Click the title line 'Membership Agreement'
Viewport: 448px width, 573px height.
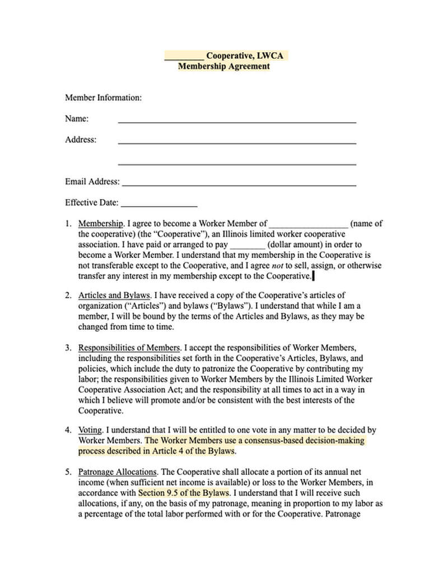coord(223,66)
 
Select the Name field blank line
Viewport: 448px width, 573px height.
coord(237,121)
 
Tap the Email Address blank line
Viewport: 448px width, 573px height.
coord(239,184)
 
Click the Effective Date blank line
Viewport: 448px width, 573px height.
coord(159,205)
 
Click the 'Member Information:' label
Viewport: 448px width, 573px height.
coord(103,98)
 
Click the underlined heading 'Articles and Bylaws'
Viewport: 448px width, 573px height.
coord(114,295)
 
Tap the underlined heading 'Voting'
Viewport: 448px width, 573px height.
coord(90,431)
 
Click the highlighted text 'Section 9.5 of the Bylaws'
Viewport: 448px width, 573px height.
coord(184,493)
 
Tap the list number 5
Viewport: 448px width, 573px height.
coord(68,473)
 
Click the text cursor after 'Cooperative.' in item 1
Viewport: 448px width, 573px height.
coord(313,276)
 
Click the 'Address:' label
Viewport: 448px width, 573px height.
coord(81,140)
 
